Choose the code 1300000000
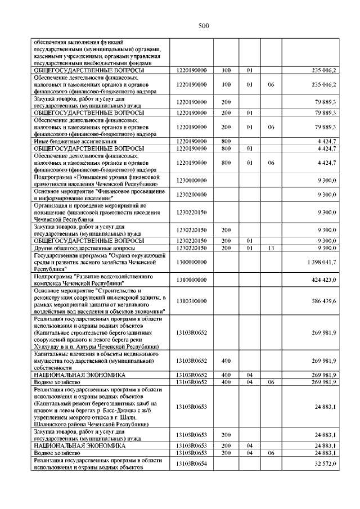[x=191, y=262]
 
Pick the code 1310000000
[x=191, y=280]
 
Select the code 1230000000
[x=191, y=180]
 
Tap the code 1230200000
[x=191, y=194]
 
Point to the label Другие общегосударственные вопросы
[x=84, y=247]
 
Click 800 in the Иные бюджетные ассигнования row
[x=226, y=141]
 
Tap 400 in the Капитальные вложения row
[x=226, y=361]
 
